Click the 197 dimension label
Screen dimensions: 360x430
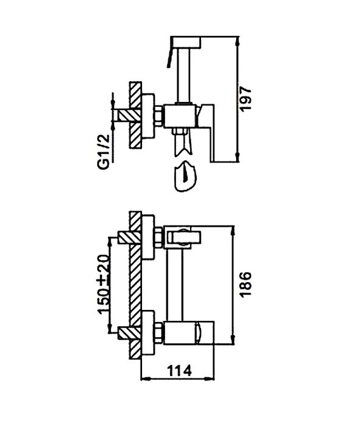[245, 99]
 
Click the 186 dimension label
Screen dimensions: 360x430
[245, 284]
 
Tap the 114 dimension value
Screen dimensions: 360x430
[180, 371]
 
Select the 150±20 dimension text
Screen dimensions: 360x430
[104, 284]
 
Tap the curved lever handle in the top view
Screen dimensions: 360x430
[169, 57]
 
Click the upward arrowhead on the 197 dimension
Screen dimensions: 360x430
[238, 41]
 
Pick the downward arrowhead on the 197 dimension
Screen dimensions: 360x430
[238, 157]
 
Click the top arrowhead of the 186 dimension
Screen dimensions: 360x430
[234, 230]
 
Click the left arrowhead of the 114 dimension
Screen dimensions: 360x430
[146, 380]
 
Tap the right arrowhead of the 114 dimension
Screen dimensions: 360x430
[209, 380]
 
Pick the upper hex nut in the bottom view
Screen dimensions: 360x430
[159, 237]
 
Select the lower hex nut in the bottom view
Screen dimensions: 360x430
[159, 332]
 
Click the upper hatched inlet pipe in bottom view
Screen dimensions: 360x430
[129, 238]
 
